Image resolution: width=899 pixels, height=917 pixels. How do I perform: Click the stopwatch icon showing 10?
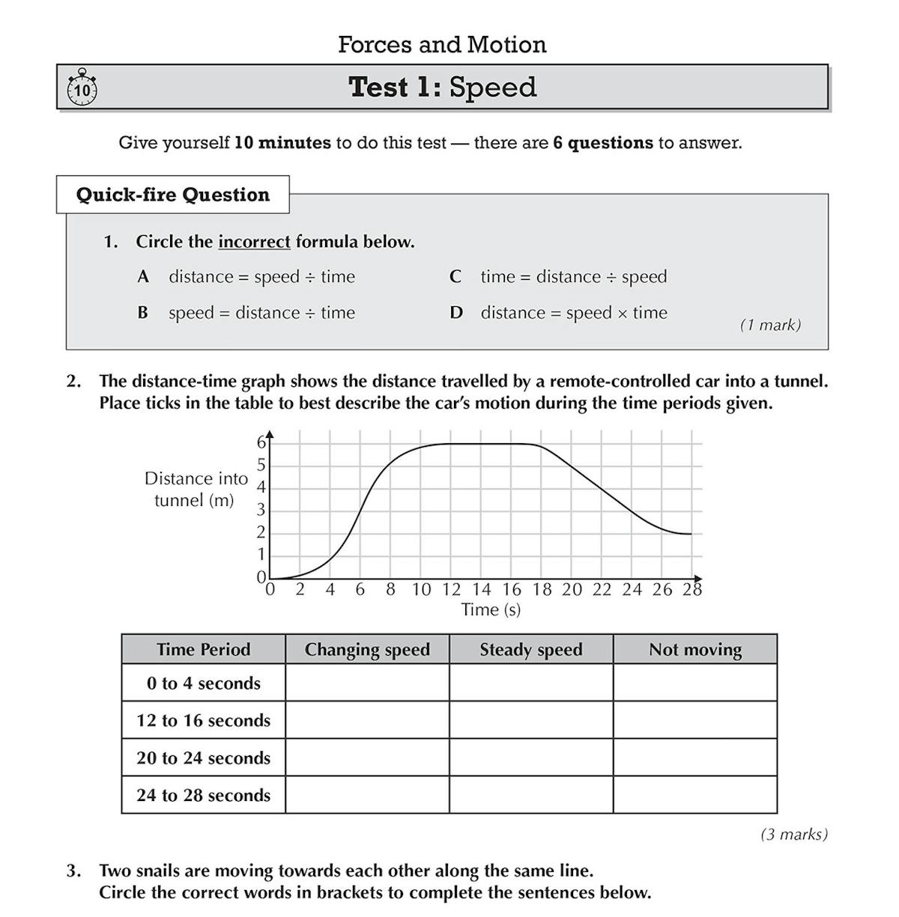click(x=82, y=89)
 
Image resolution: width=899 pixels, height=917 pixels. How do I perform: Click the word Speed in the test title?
click(x=492, y=88)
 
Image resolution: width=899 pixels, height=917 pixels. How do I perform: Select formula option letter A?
click(x=143, y=277)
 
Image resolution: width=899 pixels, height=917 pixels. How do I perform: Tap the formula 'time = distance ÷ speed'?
click(x=573, y=277)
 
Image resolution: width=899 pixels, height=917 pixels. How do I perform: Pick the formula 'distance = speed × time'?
click(x=573, y=313)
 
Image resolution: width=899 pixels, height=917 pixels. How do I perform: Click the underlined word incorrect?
click(x=254, y=242)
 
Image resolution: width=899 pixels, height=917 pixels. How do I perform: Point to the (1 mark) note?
click(x=770, y=325)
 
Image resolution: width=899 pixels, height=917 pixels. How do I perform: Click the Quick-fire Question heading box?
click(x=173, y=195)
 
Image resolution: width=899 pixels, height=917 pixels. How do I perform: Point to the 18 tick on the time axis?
click(x=542, y=590)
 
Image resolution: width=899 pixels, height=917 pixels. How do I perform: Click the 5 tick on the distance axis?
click(x=261, y=465)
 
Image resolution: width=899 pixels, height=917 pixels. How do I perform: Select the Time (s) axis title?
click(x=491, y=610)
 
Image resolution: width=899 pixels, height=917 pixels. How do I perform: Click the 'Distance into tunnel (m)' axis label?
click(x=196, y=490)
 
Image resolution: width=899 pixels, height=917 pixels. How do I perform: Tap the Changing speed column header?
click(x=367, y=650)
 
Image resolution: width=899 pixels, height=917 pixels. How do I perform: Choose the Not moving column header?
click(x=695, y=650)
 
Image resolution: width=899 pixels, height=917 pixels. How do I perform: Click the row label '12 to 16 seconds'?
click(x=203, y=720)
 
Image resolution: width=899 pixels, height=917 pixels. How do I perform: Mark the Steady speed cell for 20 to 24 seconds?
click(x=531, y=758)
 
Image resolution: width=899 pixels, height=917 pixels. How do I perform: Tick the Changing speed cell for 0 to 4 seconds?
click(x=367, y=683)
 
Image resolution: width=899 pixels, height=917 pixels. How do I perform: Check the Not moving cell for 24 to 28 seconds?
click(x=695, y=795)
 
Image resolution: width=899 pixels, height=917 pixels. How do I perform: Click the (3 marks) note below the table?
click(x=794, y=834)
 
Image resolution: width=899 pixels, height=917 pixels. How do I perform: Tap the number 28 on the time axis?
click(x=692, y=590)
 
